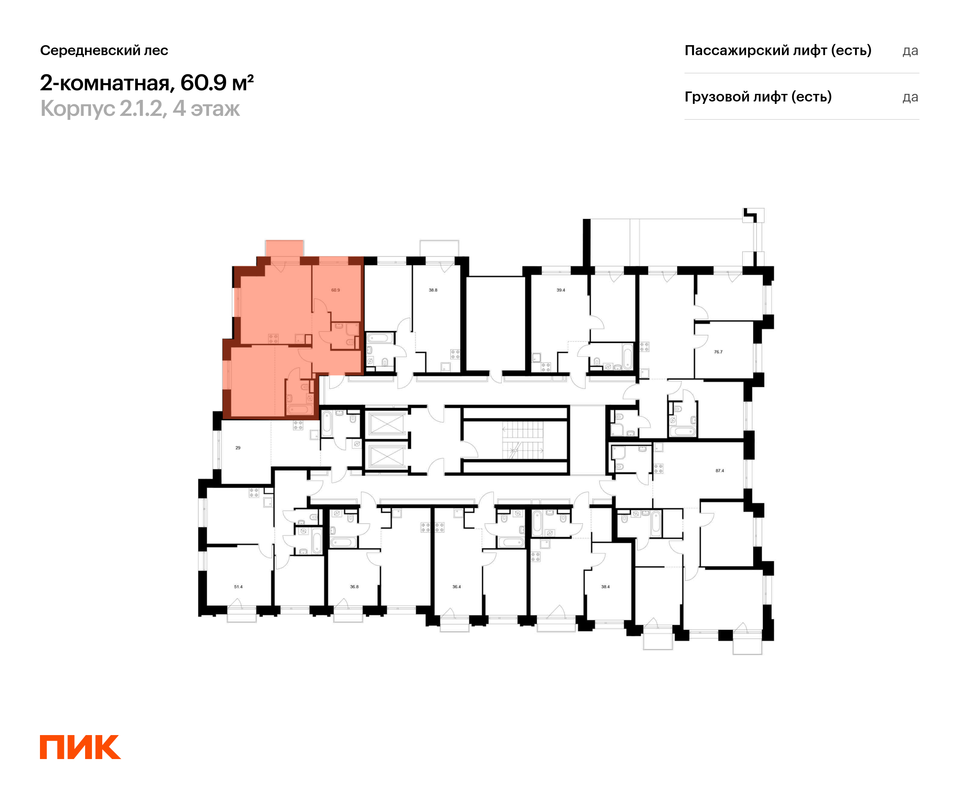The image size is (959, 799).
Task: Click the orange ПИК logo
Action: point(80,747)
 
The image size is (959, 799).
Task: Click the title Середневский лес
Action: point(104,50)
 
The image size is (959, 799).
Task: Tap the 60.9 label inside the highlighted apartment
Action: point(336,290)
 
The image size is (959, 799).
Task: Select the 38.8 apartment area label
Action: point(433,290)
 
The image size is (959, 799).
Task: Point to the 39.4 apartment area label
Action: point(561,290)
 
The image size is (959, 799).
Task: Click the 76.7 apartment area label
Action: point(718,352)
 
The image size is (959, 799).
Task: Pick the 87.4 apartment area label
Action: point(720,471)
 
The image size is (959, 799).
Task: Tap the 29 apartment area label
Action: point(238,448)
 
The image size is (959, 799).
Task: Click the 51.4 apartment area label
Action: point(239,587)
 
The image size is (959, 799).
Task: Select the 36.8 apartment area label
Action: point(354,587)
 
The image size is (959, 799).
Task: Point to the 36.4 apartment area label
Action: point(457,587)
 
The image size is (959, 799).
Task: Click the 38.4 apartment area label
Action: point(605,587)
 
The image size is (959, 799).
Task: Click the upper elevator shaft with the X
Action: point(387,424)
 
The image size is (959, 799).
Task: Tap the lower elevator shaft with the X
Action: point(387,456)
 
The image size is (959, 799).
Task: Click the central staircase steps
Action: point(523,440)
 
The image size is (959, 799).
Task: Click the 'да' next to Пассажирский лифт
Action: point(910,51)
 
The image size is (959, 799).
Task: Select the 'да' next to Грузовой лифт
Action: point(910,97)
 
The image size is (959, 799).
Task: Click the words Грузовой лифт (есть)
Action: point(758,97)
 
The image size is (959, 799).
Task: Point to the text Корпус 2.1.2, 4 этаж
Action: point(140,109)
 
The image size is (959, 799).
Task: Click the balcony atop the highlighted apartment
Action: point(285,248)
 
